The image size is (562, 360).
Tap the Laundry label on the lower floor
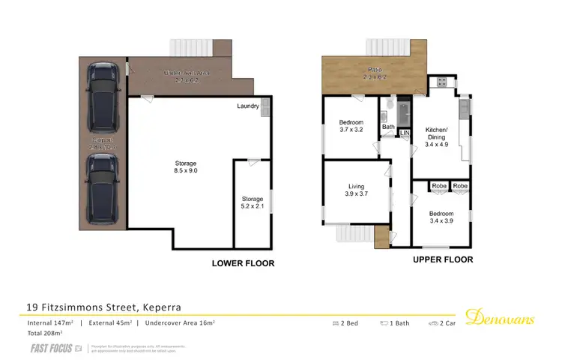[247, 106]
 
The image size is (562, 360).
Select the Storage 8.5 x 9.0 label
[185, 167]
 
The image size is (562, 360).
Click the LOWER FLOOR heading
[243, 263]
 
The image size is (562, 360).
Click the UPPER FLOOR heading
[442, 259]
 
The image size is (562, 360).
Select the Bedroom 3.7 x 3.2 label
[351, 126]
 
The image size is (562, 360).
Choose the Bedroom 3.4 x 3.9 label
[442, 217]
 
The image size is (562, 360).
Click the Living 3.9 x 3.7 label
[355, 190]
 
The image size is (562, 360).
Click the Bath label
[388, 127]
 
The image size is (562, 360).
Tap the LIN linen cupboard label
[405, 133]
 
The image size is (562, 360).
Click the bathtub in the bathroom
[405, 112]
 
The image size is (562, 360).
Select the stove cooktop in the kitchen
[441, 82]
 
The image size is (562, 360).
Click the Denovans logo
[500, 319]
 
